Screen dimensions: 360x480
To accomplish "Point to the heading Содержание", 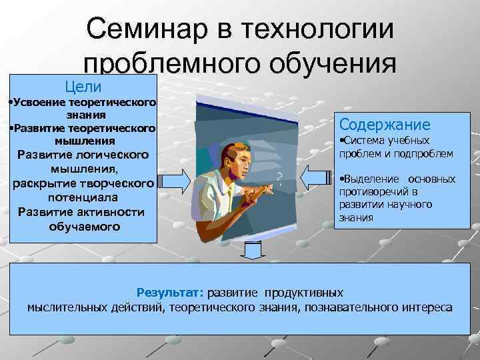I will click(x=385, y=125).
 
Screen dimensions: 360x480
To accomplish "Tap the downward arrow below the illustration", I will click(x=252, y=253).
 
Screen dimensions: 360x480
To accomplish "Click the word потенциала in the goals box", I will click(x=83, y=198).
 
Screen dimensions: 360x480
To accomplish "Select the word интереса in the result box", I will click(x=427, y=307).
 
